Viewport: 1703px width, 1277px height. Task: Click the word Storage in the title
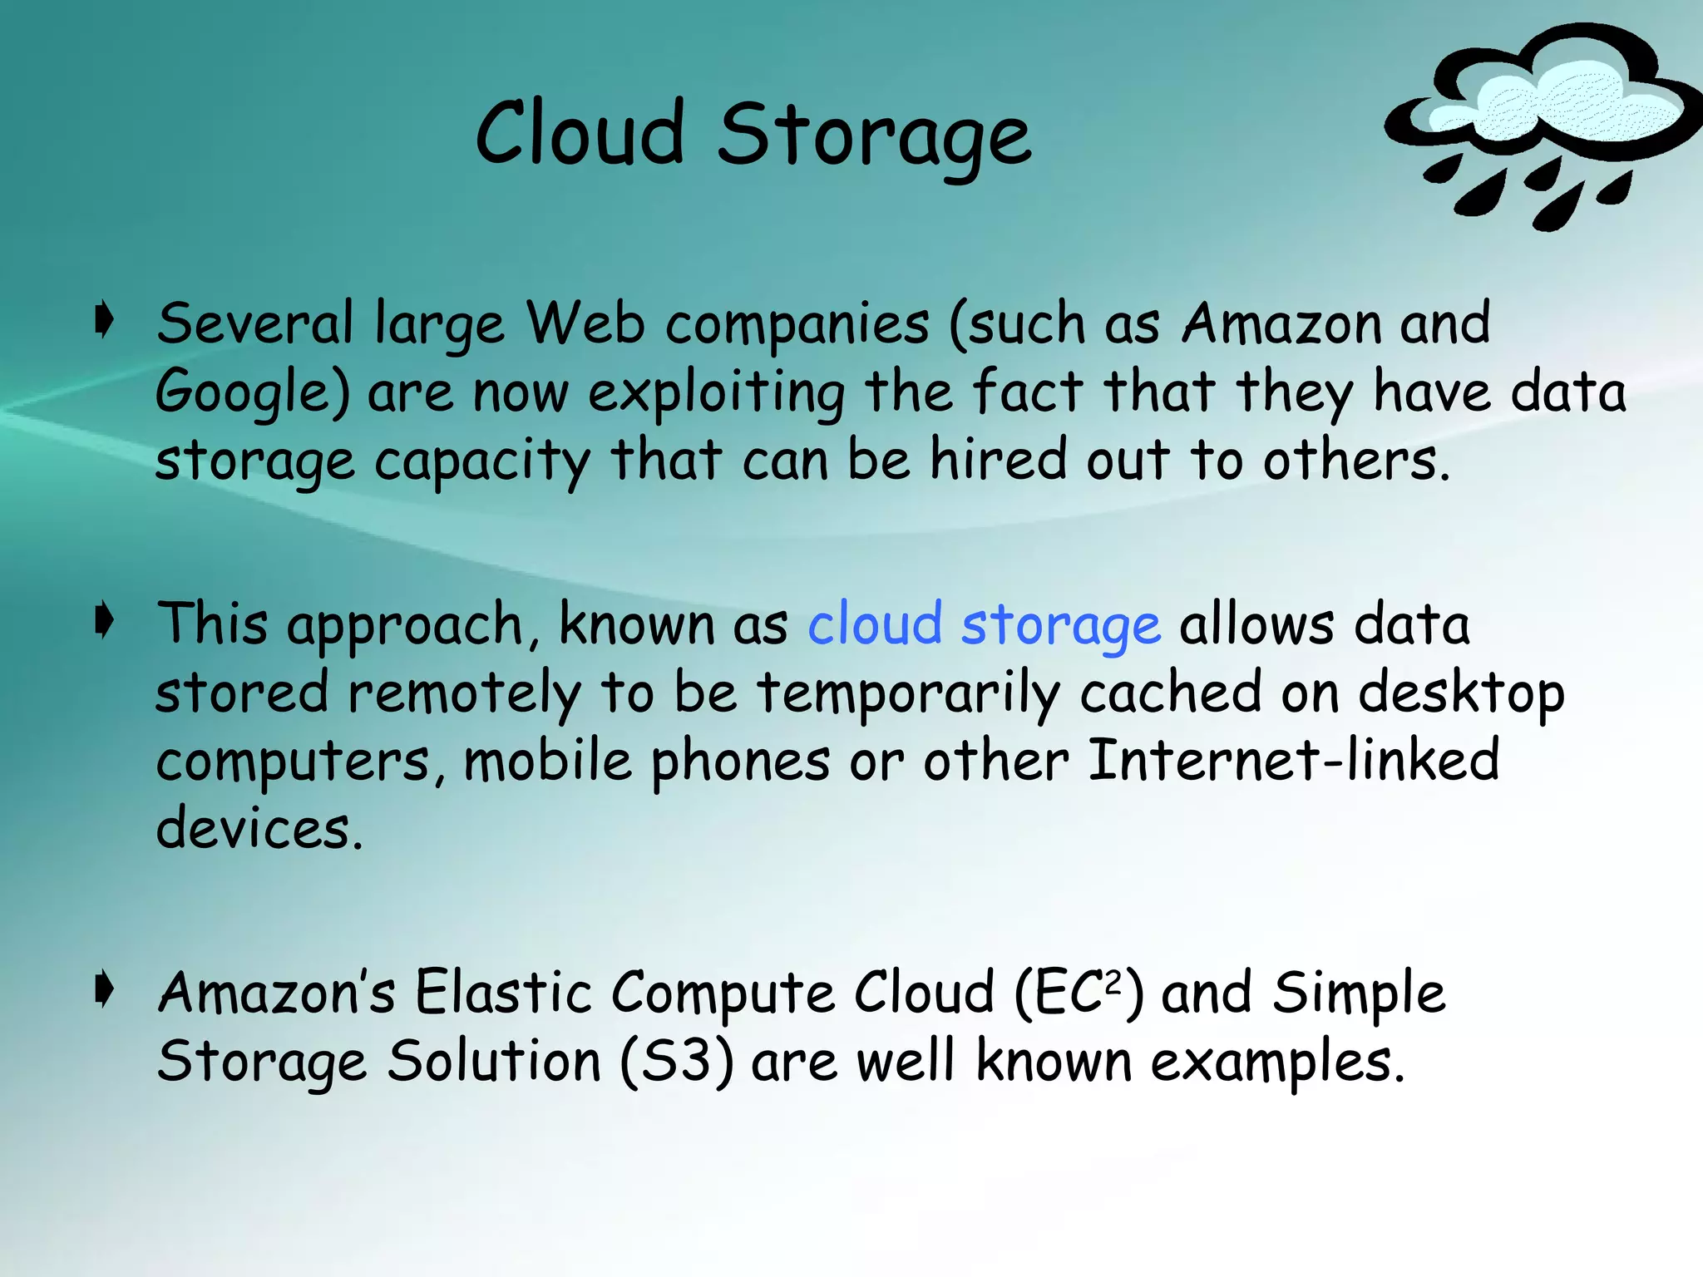point(874,137)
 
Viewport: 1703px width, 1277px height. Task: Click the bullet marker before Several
point(103,321)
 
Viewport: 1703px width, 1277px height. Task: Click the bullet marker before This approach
point(103,621)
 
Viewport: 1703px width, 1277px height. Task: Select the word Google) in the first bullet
point(252,393)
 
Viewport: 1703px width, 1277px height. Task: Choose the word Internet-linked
point(1294,760)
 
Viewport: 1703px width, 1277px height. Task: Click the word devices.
point(259,829)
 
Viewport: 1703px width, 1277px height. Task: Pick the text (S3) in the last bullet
point(677,1062)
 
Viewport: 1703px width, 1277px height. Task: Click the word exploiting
point(717,393)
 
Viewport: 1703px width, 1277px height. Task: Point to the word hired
point(998,460)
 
